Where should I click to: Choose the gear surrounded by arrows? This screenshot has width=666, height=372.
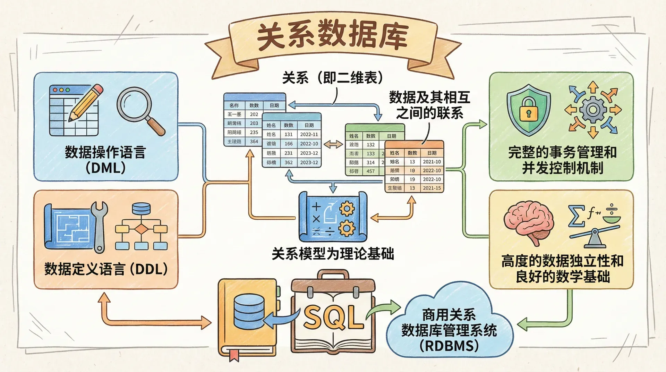pyautogui.click(x=593, y=110)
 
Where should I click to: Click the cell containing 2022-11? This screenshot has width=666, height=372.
pyautogui.click(x=309, y=134)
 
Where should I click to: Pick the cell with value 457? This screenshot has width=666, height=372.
pyautogui.click(x=370, y=171)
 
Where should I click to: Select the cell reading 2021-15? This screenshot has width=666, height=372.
pyautogui.click(x=432, y=188)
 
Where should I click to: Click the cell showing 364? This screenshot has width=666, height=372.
pyautogui.click(x=254, y=142)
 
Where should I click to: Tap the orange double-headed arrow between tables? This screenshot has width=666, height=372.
pyautogui.click(x=333, y=144)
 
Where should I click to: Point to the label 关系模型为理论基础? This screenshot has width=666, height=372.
pyautogui.click(x=333, y=254)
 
